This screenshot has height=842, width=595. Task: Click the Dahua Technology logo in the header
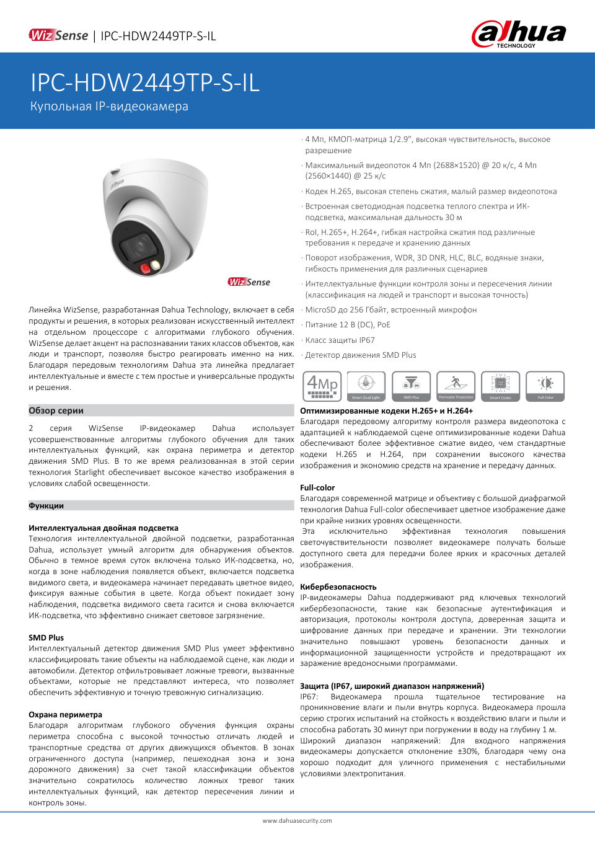519,34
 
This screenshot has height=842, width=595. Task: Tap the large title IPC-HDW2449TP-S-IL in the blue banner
145,83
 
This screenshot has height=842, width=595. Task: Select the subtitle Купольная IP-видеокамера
109,107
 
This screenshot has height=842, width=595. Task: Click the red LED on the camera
146,268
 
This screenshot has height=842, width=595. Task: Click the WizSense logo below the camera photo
249,282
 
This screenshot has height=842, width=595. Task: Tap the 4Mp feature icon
322,386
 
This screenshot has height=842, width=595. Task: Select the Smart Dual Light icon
366,386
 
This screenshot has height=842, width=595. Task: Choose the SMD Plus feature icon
411,386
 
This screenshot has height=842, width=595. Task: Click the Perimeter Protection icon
456,386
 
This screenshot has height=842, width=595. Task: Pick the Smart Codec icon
500,386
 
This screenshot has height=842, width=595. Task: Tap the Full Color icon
545,386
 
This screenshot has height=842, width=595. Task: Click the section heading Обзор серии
56,410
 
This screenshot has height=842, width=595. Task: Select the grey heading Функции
46,506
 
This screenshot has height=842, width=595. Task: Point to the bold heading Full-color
317,488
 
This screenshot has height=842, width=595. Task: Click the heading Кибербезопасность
338,587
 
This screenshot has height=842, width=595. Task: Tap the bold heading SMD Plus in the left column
46,637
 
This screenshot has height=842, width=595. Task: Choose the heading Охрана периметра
65,714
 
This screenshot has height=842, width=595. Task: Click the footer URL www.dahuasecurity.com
297,821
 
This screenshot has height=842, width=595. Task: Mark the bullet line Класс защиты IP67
340,340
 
